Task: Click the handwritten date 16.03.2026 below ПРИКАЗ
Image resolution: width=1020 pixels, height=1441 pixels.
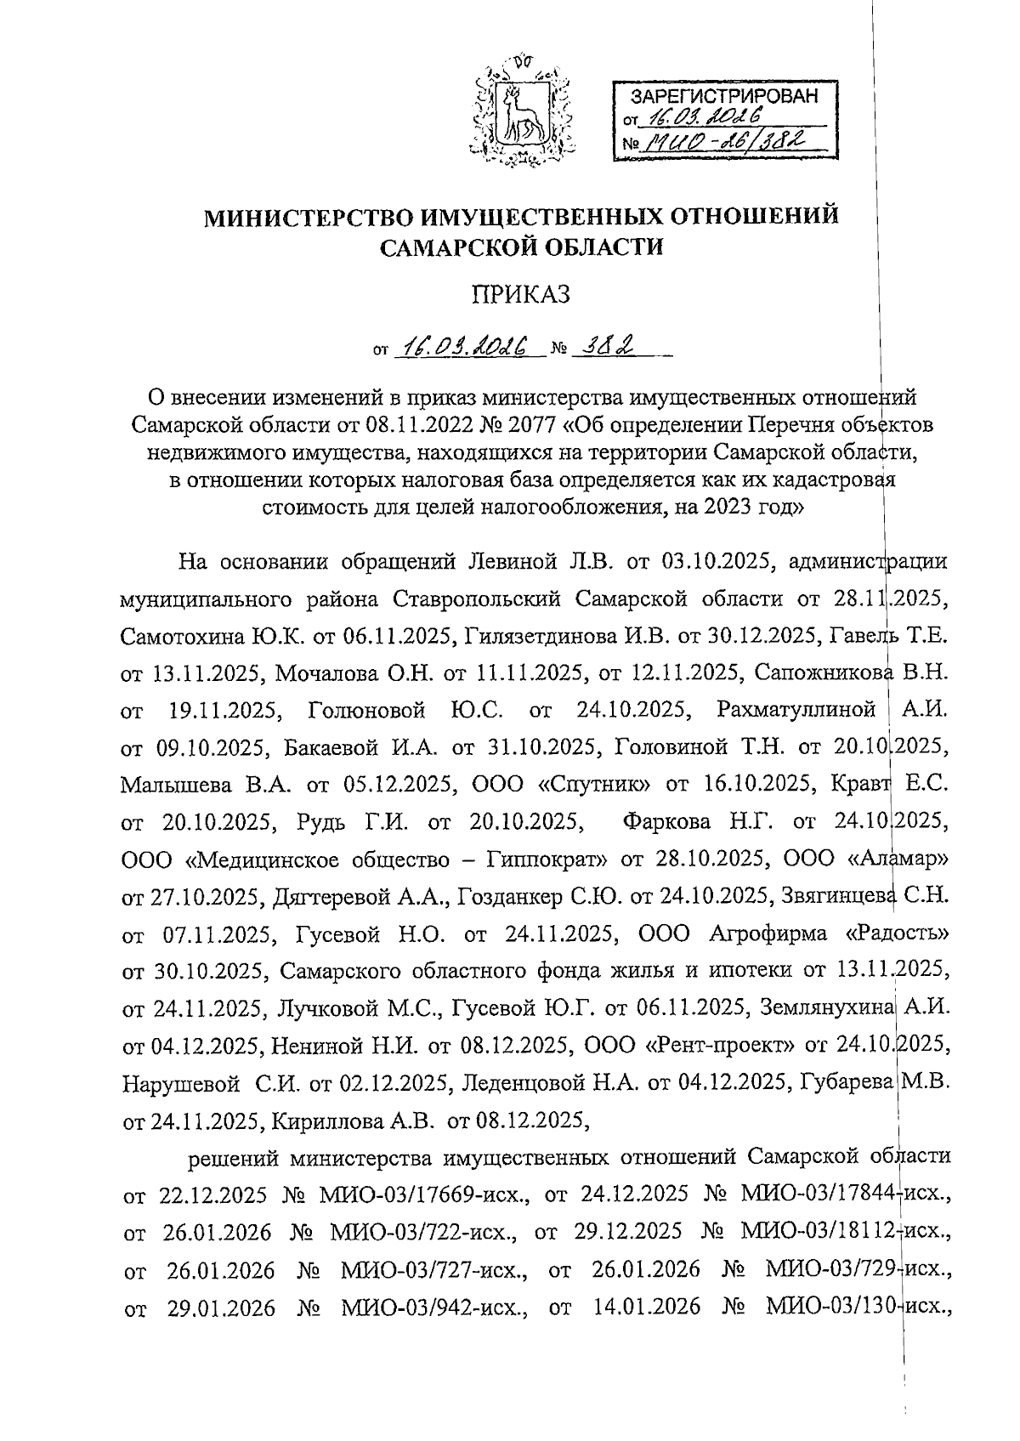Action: click(x=467, y=347)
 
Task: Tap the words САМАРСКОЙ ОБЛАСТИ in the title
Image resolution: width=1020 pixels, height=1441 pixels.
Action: click(x=520, y=247)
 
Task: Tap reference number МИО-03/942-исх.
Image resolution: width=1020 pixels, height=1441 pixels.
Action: click(x=434, y=1307)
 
